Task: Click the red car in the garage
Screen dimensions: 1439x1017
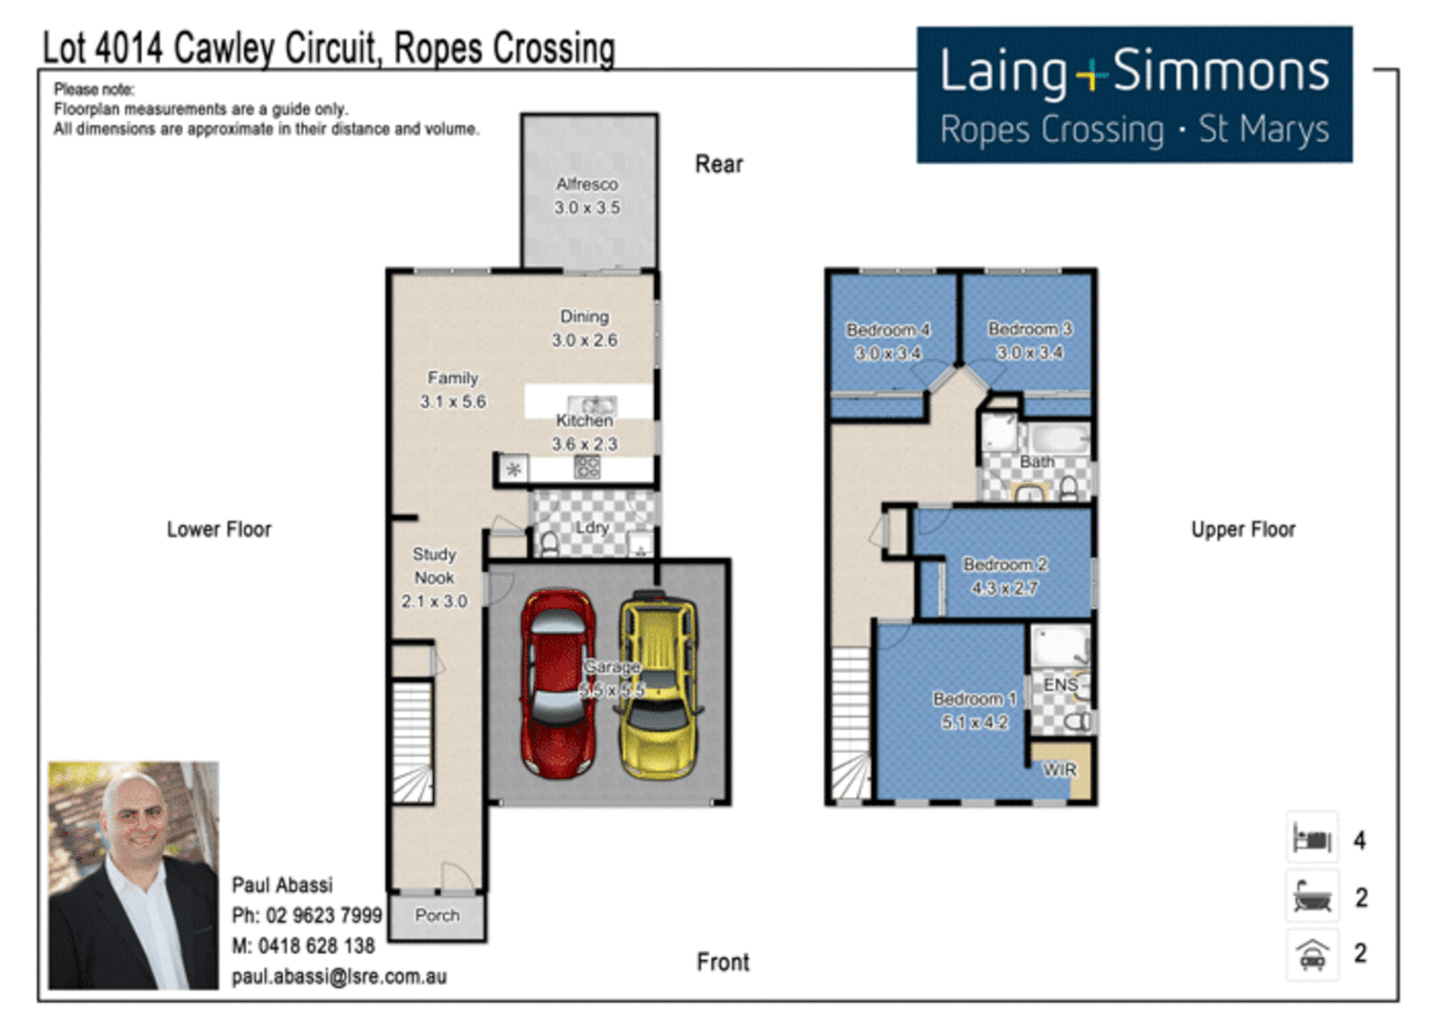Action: pyautogui.click(x=557, y=684)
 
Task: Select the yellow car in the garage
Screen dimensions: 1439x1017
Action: pyautogui.click(x=659, y=684)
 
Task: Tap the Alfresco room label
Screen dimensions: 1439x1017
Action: pyautogui.click(x=587, y=185)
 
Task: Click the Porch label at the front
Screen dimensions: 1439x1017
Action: pyautogui.click(x=437, y=915)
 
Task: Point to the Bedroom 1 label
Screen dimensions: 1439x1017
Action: pyautogui.click(x=974, y=699)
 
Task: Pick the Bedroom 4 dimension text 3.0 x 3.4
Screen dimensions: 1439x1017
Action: pyautogui.click(x=887, y=353)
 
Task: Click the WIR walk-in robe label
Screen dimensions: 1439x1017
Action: pyautogui.click(x=1060, y=769)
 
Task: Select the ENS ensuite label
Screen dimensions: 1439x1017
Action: pyautogui.click(x=1061, y=686)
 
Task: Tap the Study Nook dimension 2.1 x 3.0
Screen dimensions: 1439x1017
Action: pyautogui.click(x=434, y=602)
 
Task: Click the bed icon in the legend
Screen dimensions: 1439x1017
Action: pyautogui.click(x=1312, y=839)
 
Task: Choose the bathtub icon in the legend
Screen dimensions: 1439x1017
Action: pyautogui.click(x=1312, y=896)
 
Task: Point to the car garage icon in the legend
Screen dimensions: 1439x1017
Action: pyautogui.click(x=1312, y=955)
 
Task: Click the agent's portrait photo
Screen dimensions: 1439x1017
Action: pyautogui.click(x=134, y=876)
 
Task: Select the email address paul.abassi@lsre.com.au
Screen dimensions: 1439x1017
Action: pyautogui.click(x=339, y=977)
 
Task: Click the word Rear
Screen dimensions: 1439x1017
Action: pyautogui.click(x=719, y=165)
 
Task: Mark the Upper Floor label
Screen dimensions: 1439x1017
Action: pyautogui.click(x=1243, y=530)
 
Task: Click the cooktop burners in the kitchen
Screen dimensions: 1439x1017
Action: pyautogui.click(x=587, y=467)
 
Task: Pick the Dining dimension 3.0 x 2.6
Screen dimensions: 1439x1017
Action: pyautogui.click(x=584, y=341)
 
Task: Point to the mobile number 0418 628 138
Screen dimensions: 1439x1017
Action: pyautogui.click(x=316, y=946)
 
